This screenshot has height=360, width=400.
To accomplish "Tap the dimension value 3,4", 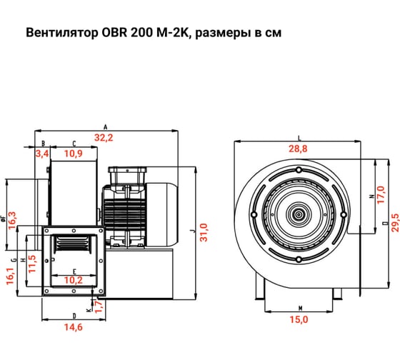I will click(41, 154).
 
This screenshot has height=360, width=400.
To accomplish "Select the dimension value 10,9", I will click(74, 154).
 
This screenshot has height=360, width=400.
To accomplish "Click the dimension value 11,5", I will click(31, 259).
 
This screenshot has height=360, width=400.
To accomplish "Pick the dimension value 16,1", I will click(9, 273).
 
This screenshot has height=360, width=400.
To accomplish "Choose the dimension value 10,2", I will click(74, 280).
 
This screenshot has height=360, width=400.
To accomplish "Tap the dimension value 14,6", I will click(74, 326).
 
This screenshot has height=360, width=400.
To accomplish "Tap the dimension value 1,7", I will click(99, 307).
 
